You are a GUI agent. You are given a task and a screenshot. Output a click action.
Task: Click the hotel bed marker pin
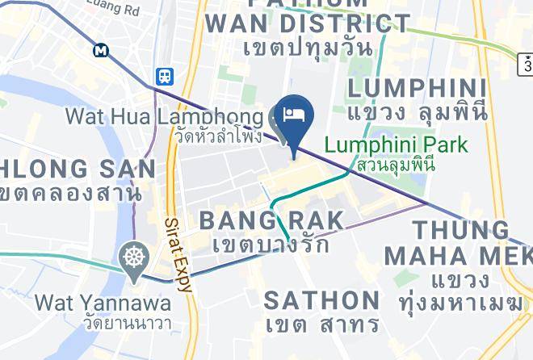tap(292, 115)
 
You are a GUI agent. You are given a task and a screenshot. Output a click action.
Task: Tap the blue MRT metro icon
tap(101, 50)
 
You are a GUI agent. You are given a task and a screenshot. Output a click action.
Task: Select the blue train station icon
tap(165, 76)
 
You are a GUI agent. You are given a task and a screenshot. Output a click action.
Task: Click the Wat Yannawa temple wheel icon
tap(132, 258)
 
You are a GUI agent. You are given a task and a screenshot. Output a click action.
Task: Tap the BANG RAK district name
tap(271, 220)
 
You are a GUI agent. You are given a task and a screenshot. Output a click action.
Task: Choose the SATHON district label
tap(321, 300)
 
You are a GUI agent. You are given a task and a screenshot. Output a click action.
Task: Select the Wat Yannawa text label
tap(103, 303)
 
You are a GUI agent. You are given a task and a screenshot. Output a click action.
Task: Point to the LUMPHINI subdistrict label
tap(417, 87)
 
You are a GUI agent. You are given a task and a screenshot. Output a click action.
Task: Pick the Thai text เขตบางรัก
tap(271, 243)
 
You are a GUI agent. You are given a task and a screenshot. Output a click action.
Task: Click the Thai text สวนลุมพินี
tap(391, 165)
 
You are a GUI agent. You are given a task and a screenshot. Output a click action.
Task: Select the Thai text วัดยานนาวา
tap(103, 324)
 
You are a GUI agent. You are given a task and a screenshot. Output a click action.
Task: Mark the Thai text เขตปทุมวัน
tap(306, 48)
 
